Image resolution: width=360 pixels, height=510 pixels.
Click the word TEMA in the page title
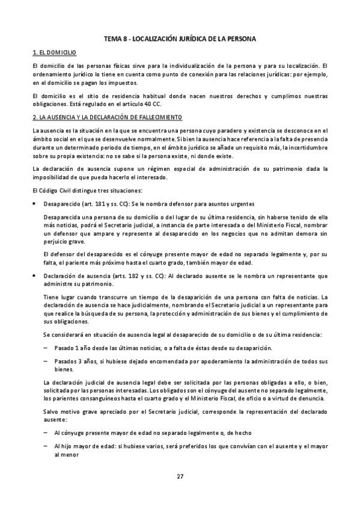pyautogui.click(x=113, y=38)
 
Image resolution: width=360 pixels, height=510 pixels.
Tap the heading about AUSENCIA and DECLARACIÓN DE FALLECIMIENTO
pyautogui.click(x=106, y=117)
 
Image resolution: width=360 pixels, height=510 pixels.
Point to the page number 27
pyautogui.click(x=180, y=476)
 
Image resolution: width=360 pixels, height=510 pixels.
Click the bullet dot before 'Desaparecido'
pyautogui.click(x=35, y=204)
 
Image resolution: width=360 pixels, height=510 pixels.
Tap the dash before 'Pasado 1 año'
pyautogui.click(x=46, y=348)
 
